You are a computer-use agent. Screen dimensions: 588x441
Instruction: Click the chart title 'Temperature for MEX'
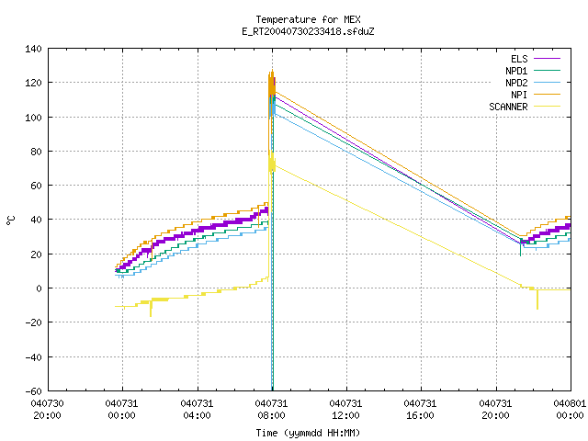tap(308, 19)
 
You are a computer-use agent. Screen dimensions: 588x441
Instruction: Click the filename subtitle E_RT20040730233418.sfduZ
tap(308, 31)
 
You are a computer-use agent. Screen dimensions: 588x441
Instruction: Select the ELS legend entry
tap(519, 59)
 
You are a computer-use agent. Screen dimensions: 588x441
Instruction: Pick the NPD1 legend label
tap(516, 71)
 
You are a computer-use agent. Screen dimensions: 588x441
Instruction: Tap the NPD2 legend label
tap(516, 83)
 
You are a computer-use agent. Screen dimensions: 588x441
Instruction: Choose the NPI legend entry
tap(519, 95)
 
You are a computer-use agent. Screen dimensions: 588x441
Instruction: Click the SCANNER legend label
tap(508, 107)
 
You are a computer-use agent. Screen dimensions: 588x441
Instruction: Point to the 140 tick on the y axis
tap(33, 49)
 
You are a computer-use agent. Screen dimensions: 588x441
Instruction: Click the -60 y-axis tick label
tap(33, 391)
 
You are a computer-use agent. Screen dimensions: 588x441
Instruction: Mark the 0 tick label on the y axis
tap(39, 288)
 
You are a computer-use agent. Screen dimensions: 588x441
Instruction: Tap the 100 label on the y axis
tap(33, 118)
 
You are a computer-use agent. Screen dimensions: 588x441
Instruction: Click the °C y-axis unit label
tap(10, 220)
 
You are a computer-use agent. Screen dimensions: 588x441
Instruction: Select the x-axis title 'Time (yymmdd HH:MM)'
tap(308, 433)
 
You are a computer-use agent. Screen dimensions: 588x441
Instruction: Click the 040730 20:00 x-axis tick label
tap(47, 410)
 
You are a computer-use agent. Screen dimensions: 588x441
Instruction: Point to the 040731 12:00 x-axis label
tap(345, 410)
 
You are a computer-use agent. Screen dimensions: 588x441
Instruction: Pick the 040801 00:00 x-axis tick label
tap(570, 410)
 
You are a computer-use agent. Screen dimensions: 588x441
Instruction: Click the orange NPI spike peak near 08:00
tap(272, 71)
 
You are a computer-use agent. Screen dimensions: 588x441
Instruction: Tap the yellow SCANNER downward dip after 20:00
tap(537, 309)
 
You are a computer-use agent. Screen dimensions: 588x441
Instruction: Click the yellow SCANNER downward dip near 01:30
tap(151, 316)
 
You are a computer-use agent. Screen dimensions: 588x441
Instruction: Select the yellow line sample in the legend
tap(547, 107)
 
